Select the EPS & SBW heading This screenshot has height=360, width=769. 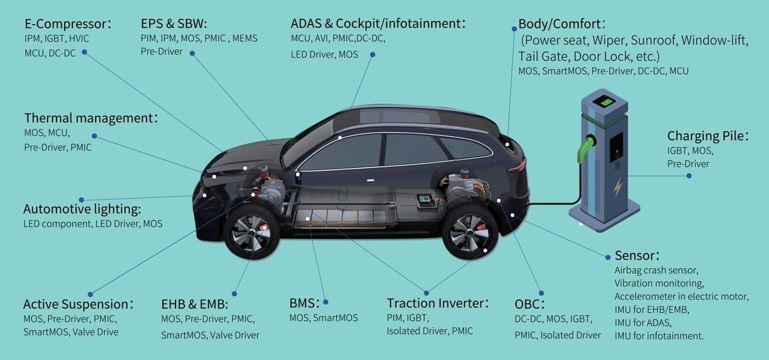pos(174,23)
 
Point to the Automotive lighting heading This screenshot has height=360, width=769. pos(82,209)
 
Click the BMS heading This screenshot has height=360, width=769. pos(302,303)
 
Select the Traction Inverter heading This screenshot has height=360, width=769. pos(437,303)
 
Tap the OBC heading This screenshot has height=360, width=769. pos(530,304)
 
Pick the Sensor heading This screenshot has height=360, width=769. pos(637,255)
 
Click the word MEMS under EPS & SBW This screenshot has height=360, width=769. pos(245,39)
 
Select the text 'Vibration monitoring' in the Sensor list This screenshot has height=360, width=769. pos(659,283)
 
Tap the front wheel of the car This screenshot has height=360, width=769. pos(249,232)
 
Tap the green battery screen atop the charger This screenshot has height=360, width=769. pos(608,101)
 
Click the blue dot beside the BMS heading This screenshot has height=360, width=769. pos(326,302)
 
